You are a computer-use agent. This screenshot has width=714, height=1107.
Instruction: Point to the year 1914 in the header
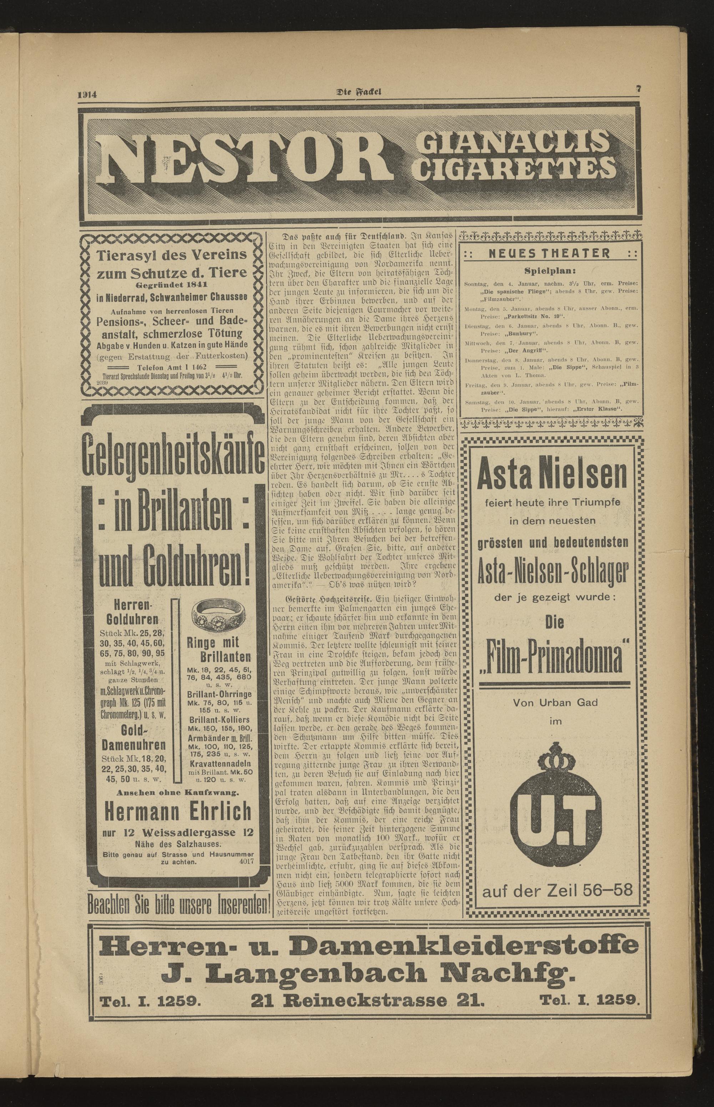87,95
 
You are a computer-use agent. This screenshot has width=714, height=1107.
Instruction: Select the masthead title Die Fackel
358,92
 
